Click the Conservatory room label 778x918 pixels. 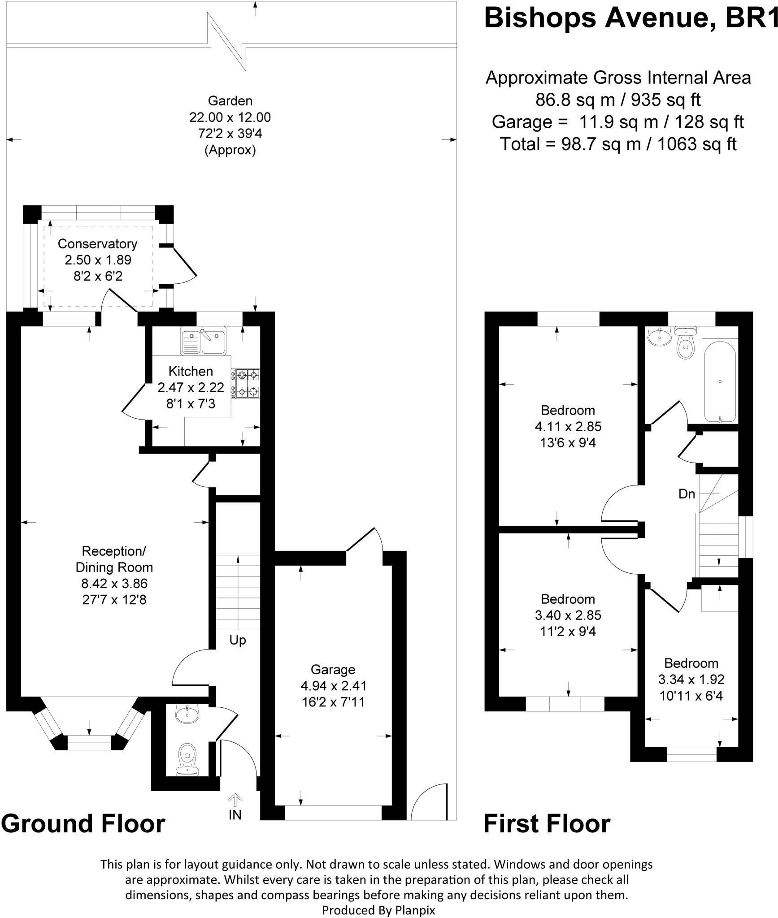point(97,244)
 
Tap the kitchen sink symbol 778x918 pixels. point(203,340)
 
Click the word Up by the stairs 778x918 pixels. point(238,640)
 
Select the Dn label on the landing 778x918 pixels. point(687,494)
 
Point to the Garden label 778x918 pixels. point(230,101)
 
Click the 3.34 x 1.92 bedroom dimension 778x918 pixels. point(691,680)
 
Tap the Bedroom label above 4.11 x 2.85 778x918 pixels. point(568,410)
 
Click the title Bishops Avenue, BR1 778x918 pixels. point(630,18)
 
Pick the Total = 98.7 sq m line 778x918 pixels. point(618,144)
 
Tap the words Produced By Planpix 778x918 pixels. point(378,910)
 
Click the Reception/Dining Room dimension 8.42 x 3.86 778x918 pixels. point(114,583)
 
